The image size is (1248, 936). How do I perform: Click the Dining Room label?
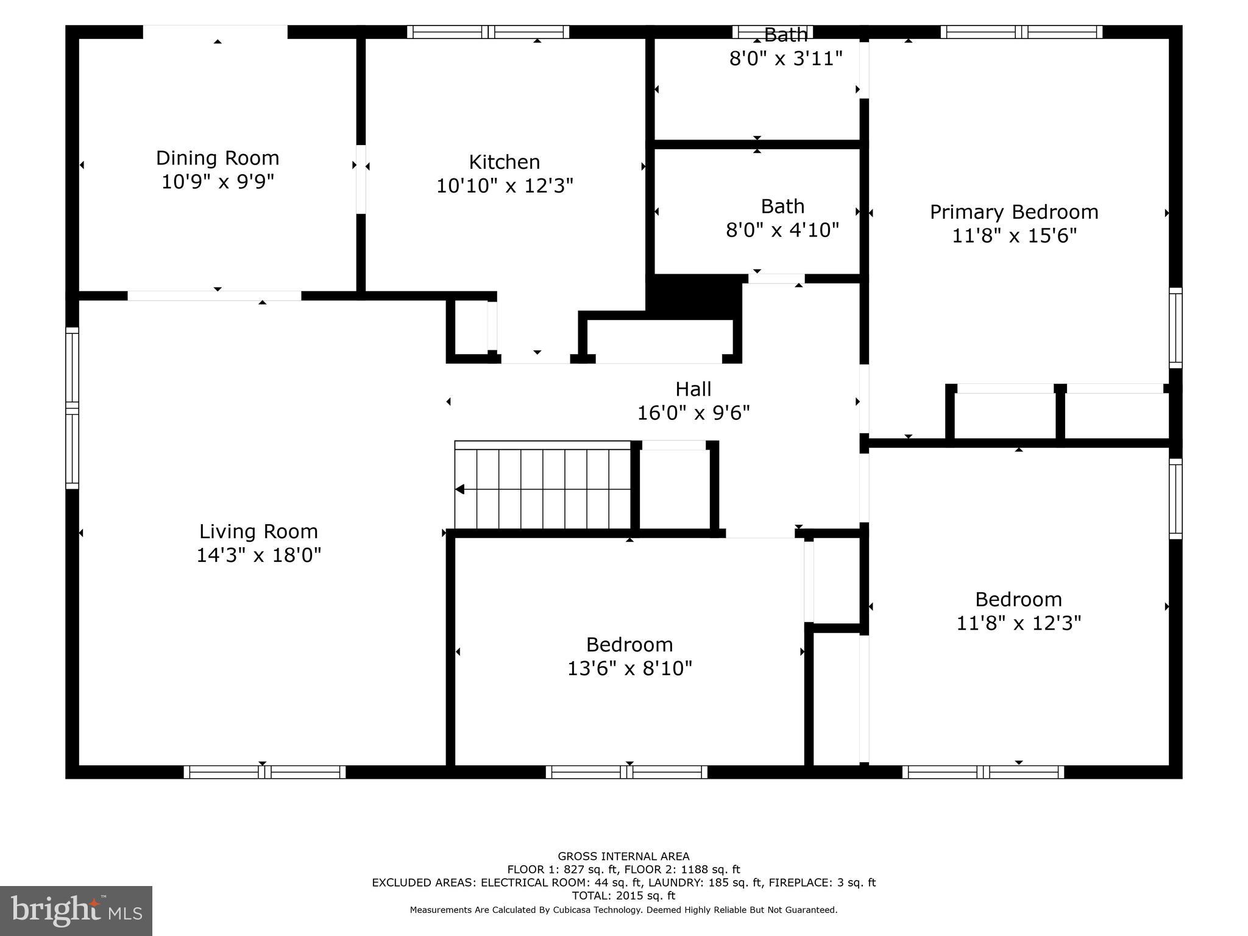pos(218,158)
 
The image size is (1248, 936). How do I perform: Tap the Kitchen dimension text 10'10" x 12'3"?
pos(505,186)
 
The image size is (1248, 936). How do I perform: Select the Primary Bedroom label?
pos(1014,212)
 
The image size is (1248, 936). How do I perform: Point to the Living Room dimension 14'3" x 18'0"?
pos(258,555)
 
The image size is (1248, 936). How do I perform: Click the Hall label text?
pos(693,389)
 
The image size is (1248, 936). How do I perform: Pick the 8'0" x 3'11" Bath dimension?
pos(785,59)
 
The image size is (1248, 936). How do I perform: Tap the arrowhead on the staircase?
pos(460,489)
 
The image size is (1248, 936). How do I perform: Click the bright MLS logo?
pos(76,910)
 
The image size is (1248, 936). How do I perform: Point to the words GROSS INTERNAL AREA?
pos(623,856)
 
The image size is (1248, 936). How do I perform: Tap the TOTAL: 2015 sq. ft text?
pos(623,896)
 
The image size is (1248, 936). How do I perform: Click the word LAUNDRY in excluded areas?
pos(673,882)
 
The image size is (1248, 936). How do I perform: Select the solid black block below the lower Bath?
pos(695,296)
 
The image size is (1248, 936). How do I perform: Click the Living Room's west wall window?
pos(72,408)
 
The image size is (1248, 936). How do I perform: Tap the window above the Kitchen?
pos(488,32)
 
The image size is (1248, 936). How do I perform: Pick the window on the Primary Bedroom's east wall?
pos(1175,328)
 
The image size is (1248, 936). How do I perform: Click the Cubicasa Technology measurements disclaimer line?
pos(623,910)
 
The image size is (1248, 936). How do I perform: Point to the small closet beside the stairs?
pos(675,489)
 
